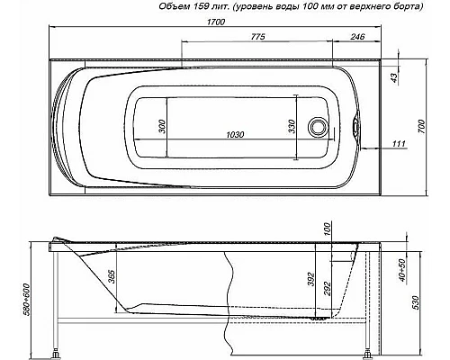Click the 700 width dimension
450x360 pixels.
point(433,127)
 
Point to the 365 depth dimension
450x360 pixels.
point(112,276)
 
